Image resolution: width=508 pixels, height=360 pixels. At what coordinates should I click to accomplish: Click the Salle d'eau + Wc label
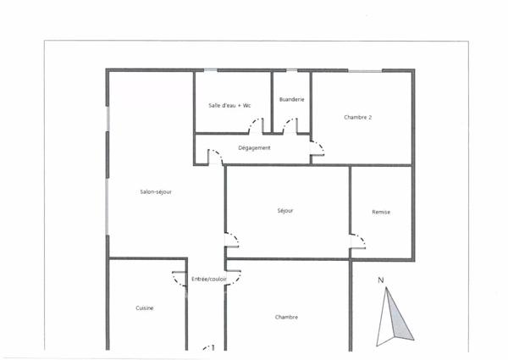click(229, 105)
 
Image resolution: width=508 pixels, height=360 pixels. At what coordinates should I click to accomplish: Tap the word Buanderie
click(291, 100)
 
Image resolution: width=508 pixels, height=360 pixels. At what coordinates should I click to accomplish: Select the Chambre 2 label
click(358, 117)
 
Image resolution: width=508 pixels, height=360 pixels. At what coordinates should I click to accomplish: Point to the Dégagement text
click(254, 148)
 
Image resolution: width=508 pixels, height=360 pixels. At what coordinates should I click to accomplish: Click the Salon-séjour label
click(157, 191)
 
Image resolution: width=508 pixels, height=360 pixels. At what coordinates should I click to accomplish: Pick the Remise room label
click(381, 211)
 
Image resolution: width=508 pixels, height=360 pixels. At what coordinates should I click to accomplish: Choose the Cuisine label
click(144, 308)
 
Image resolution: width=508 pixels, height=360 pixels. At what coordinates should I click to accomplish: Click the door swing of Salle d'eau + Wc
click(254, 127)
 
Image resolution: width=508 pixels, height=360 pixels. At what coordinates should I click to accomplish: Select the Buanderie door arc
click(290, 127)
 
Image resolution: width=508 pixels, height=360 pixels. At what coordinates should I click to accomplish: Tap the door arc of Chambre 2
click(317, 151)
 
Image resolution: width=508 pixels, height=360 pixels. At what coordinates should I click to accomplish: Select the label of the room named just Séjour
click(285, 211)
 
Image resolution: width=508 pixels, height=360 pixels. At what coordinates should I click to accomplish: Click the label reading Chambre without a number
click(286, 318)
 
